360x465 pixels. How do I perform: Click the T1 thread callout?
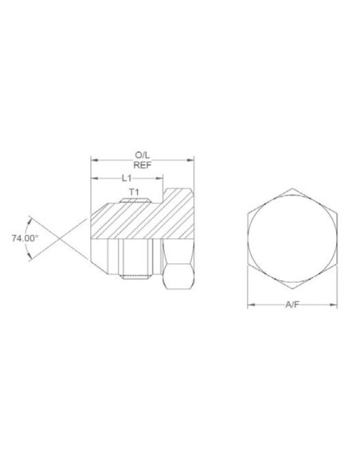[134, 192]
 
